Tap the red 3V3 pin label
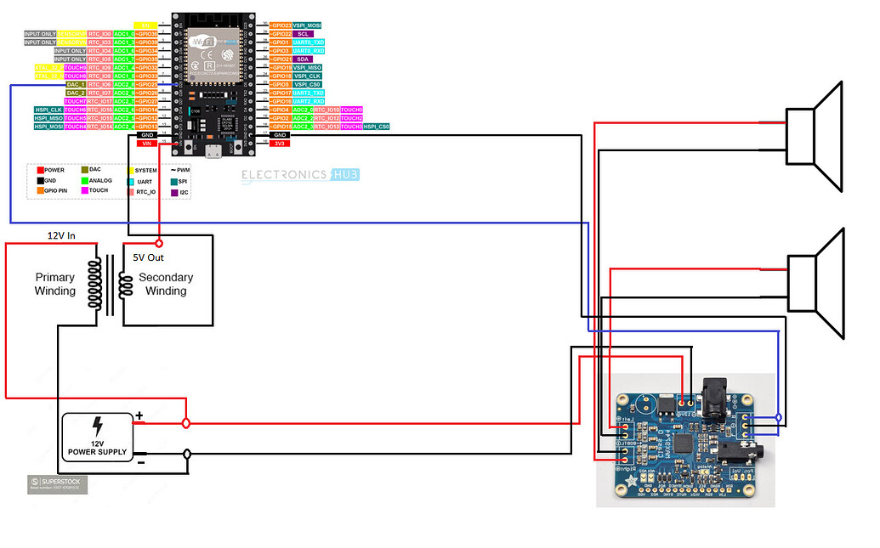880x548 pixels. click(280, 144)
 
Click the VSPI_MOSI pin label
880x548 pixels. click(307, 25)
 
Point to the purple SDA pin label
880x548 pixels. click(303, 59)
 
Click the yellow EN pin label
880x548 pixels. click(145, 25)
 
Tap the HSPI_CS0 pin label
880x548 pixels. click(377, 127)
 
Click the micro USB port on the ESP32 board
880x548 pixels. click(213, 152)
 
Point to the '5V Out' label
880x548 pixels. click(148, 257)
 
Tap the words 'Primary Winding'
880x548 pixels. click(55, 284)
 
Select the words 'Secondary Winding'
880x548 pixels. click(166, 284)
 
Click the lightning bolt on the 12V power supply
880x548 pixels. click(98, 425)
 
